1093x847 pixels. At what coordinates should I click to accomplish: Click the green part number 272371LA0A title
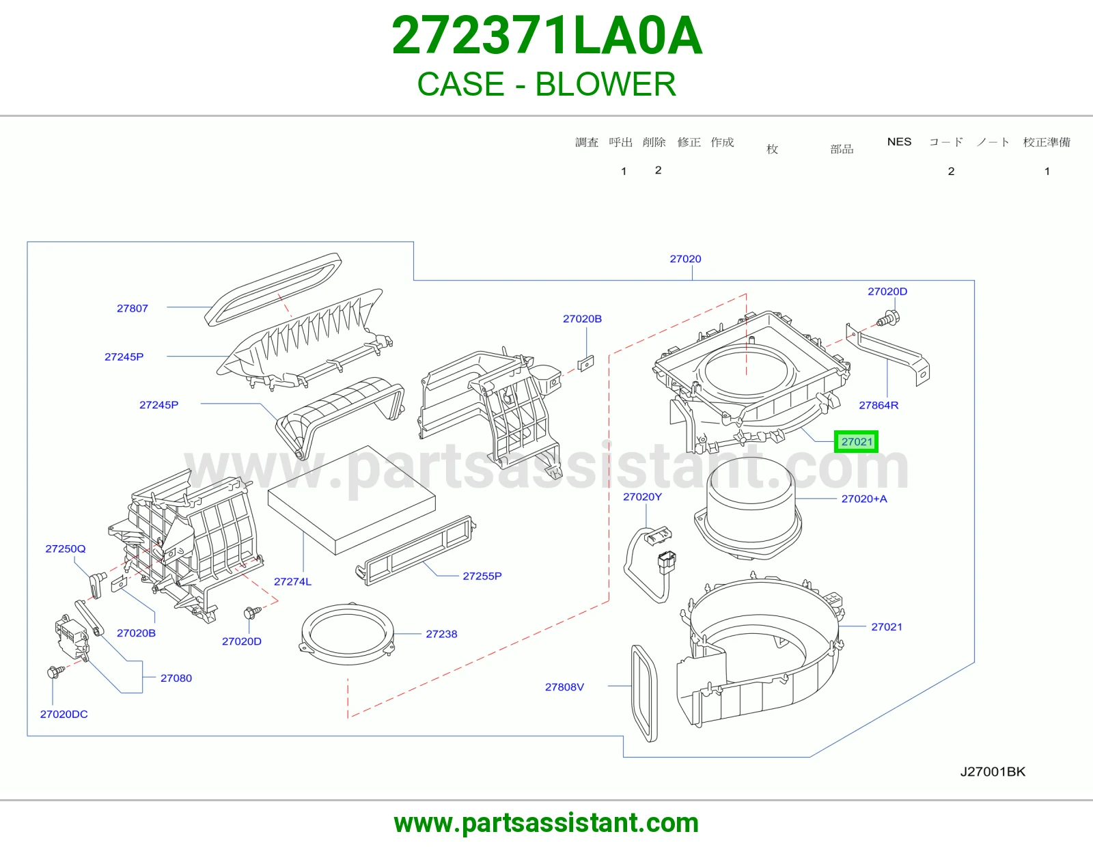coord(546,36)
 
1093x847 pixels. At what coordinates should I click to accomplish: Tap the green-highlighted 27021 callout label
coord(856,442)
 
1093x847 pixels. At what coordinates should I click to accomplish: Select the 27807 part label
coord(133,308)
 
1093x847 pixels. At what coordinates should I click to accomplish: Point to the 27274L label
coord(293,581)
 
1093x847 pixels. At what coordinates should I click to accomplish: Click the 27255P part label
coord(482,576)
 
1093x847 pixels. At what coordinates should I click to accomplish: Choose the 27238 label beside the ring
coord(441,634)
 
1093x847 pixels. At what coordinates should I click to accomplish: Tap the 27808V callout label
coord(564,687)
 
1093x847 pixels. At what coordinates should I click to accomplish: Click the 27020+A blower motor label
coord(864,499)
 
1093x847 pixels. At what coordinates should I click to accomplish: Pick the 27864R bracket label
coord(878,405)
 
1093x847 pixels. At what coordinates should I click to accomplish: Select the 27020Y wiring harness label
coord(642,497)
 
